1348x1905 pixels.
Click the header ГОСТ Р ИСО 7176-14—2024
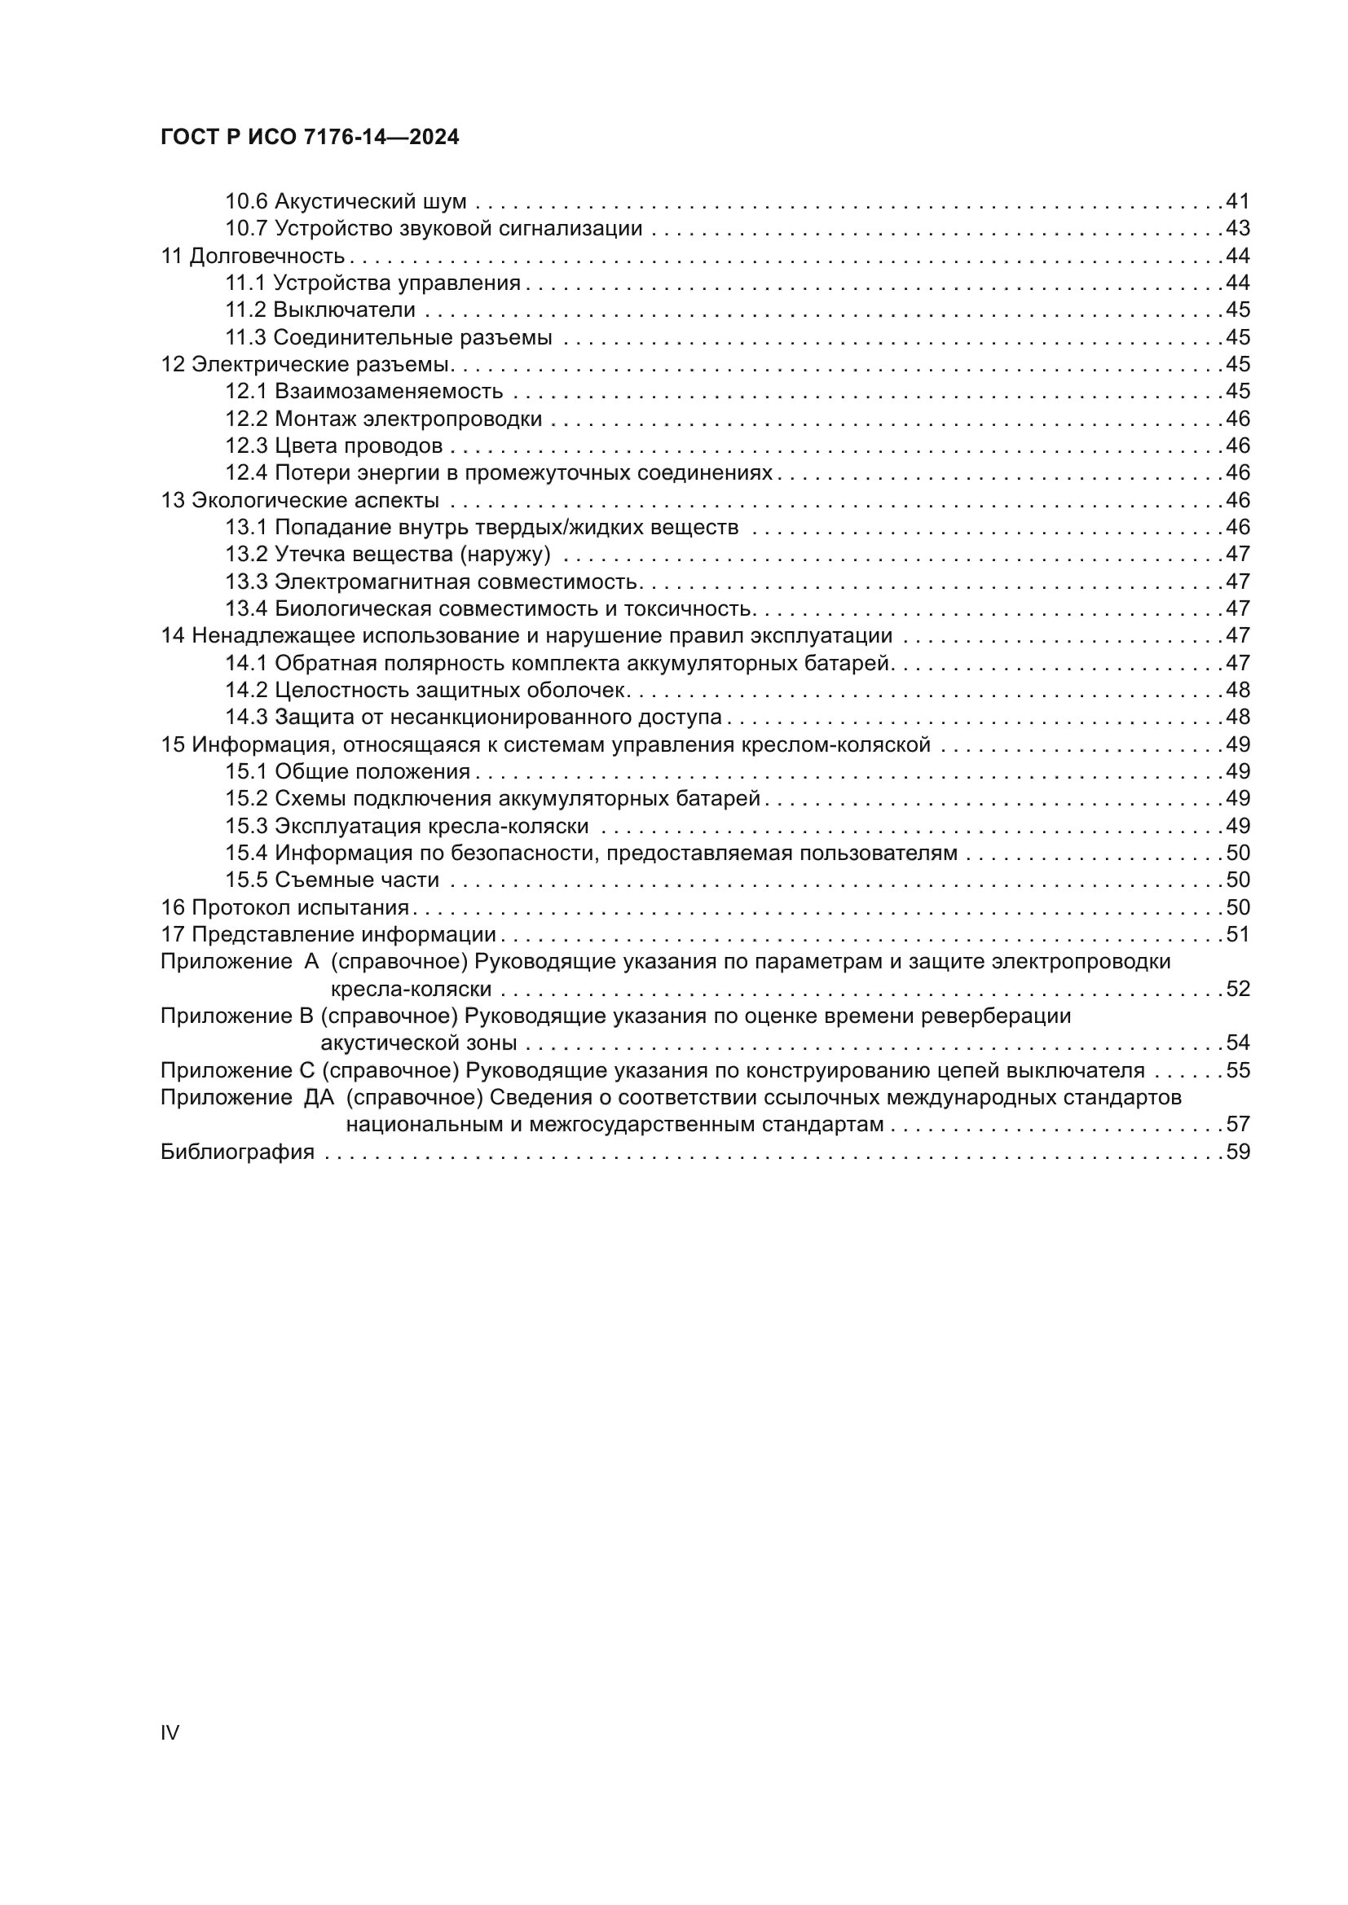pos(309,138)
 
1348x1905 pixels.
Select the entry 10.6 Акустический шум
pos(346,202)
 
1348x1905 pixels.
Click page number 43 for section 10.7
pos(1238,228)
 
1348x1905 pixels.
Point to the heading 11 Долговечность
pos(253,256)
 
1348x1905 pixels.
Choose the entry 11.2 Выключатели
pos(320,310)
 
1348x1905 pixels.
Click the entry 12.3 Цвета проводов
pos(333,446)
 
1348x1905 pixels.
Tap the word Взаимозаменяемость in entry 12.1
pos(389,392)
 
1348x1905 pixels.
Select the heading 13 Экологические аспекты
pos(300,500)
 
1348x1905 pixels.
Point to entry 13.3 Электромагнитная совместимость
pos(431,582)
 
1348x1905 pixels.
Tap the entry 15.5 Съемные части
pos(332,880)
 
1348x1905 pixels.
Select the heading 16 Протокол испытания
pos(284,907)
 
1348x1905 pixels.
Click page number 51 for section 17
pos(1238,934)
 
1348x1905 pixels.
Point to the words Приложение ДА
pos(246,1098)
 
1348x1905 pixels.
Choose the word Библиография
pos(237,1152)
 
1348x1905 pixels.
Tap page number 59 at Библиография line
pos(1238,1152)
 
